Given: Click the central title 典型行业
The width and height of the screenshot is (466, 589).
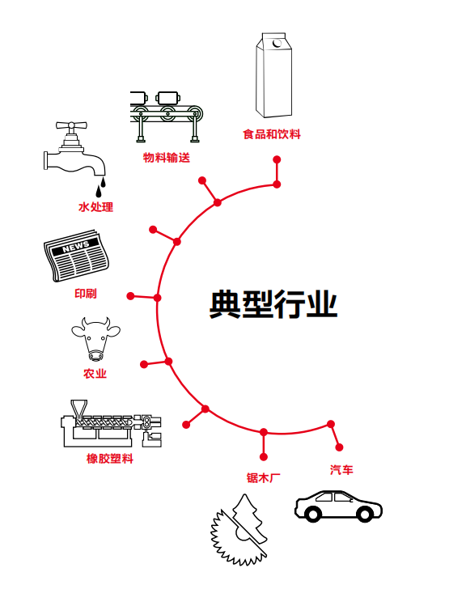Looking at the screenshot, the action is [x=273, y=304].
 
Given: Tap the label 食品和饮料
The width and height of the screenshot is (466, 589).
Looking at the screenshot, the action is [x=272, y=134].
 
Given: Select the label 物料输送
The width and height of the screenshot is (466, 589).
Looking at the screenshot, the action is [x=167, y=158].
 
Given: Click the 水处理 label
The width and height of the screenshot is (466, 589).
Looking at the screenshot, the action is [x=95, y=207].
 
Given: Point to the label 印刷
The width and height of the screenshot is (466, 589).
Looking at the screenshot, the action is [x=86, y=294].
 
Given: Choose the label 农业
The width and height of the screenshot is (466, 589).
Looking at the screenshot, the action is [x=95, y=374].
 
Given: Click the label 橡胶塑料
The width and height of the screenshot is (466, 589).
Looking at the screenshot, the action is [x=110, y=459].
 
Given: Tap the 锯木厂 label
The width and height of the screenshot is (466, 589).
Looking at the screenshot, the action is [x=263, y=478].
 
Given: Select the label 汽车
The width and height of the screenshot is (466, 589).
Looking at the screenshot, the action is [x=341, y=469].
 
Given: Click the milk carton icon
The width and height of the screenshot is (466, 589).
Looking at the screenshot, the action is [x=274, y=75].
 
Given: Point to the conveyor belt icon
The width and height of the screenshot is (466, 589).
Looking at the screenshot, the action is [x=167, y=117].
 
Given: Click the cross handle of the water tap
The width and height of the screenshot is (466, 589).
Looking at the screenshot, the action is [x=71, y=125].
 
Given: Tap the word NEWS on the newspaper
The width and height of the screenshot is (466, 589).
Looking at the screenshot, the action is [x=75, y=247].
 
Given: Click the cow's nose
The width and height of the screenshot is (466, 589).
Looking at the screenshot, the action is [x=95, y=355].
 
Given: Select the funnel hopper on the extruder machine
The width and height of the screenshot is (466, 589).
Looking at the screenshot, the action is [x=78, y=409].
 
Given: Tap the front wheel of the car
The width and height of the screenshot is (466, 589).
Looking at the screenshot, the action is [x=313, y=514].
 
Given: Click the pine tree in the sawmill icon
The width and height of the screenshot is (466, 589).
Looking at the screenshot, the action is [x=251, y=516].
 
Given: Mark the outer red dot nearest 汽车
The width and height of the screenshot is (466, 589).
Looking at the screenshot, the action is [x=339, y=447].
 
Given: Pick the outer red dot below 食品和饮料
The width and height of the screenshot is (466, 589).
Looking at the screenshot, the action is [x=277, y=159].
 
